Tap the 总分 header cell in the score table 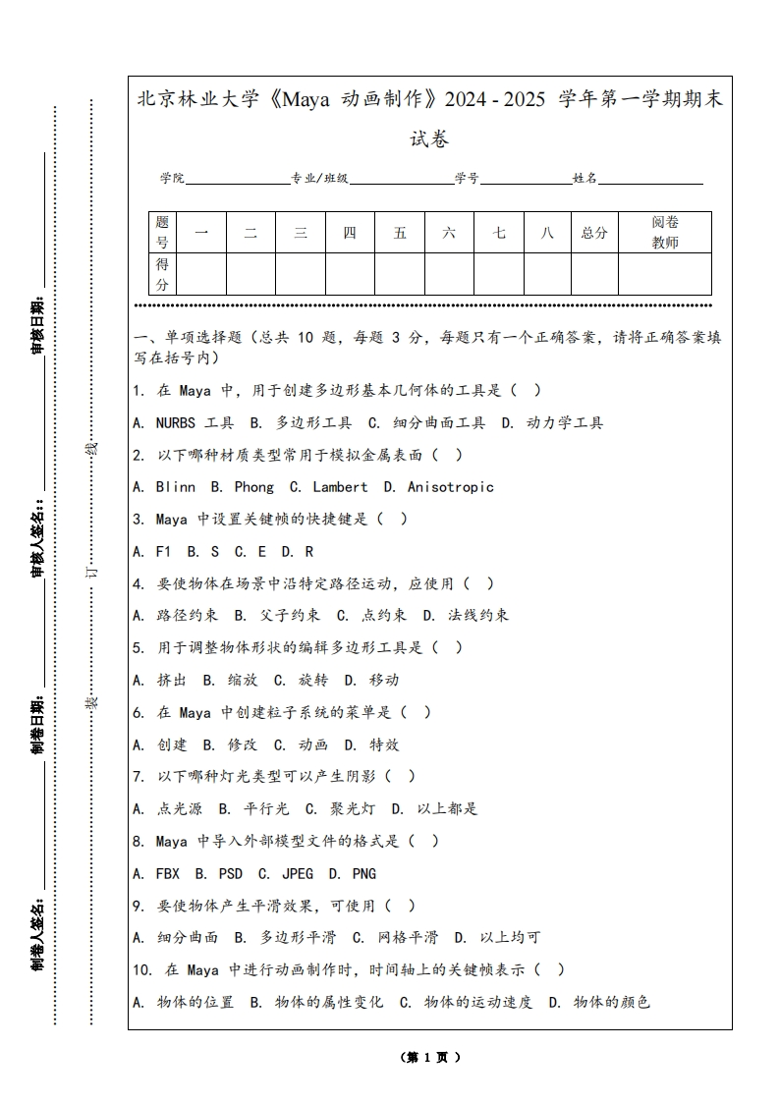[594, 233]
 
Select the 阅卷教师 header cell [665, 233]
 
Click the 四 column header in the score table [350, 233]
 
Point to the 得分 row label [162, 274]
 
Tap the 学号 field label [467, 179]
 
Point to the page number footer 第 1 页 [430, 1058]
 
